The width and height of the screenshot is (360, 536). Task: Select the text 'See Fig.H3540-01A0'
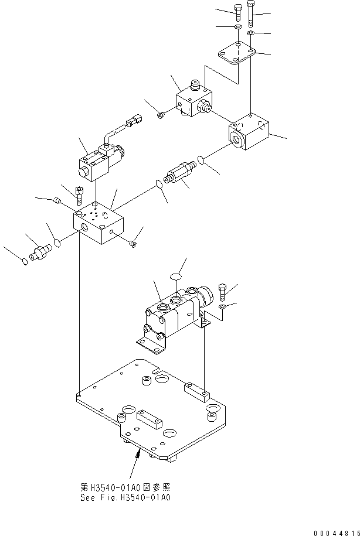click(127, 499)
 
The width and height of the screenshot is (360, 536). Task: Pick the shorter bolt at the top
click(237, 12)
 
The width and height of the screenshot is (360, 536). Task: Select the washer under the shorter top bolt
click(238, 28)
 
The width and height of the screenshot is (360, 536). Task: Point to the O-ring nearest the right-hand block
click(201, 159)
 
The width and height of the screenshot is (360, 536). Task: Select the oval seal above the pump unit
click(175, 276)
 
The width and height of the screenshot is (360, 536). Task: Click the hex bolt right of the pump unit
click(222, 290)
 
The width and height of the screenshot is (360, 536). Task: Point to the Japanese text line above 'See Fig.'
click(127, 487)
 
